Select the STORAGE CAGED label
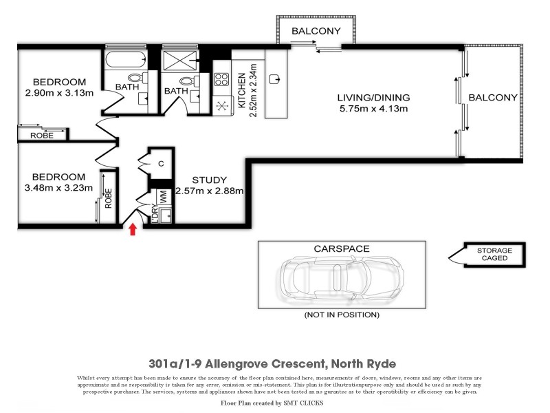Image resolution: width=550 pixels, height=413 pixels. coord(494,254)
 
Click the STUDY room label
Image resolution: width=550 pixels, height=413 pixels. coord(209,180)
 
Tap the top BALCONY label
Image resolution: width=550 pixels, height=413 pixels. coord(316,31)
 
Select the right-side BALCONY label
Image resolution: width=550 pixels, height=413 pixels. coord(492,98)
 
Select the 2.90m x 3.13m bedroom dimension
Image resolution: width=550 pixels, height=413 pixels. coord(58,93)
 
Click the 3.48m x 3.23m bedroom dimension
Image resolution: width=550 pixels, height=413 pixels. coord(58,187)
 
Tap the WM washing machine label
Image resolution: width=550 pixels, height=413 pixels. coord(164,195)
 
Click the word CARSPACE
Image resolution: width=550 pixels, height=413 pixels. coord(342,248)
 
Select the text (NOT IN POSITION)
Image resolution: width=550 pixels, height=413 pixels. coord(342,315)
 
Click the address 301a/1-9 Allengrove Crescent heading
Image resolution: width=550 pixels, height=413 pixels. coord(273,363)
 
